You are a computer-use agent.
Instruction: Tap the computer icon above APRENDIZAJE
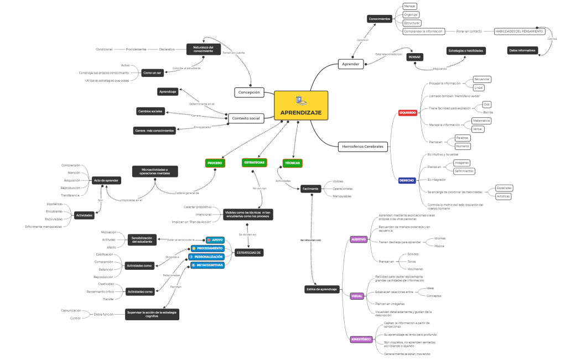[x=300, y=100]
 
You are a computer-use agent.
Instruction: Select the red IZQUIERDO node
[x=407, y=113]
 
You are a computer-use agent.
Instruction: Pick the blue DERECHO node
[x=407, y=180]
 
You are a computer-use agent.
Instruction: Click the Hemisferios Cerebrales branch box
[x=362, y=147]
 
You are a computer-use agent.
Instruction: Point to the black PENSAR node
[x=414, y=57]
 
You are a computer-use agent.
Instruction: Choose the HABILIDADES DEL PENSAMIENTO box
[x=518, y=32]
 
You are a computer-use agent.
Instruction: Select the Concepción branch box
[x=249, y=92]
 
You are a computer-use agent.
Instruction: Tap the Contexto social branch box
[x=246, y=117]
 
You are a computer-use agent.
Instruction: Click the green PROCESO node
[x=215, y=163]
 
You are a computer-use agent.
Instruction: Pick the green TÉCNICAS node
[x=292, y=163]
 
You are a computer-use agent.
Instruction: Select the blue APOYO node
[x=215, y=240]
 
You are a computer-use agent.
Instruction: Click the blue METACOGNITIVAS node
[x=207, y=265]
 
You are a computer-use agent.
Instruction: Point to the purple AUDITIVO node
[x=359, y=239]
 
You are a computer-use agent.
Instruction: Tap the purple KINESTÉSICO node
[x=361, y=339]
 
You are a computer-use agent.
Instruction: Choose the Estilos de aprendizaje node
[x=321, y=289]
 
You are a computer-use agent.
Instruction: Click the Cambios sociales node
[x=151, y=111]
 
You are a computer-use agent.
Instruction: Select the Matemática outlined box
[x=481, y=121]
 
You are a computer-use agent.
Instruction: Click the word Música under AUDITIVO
[x=439, y=246]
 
